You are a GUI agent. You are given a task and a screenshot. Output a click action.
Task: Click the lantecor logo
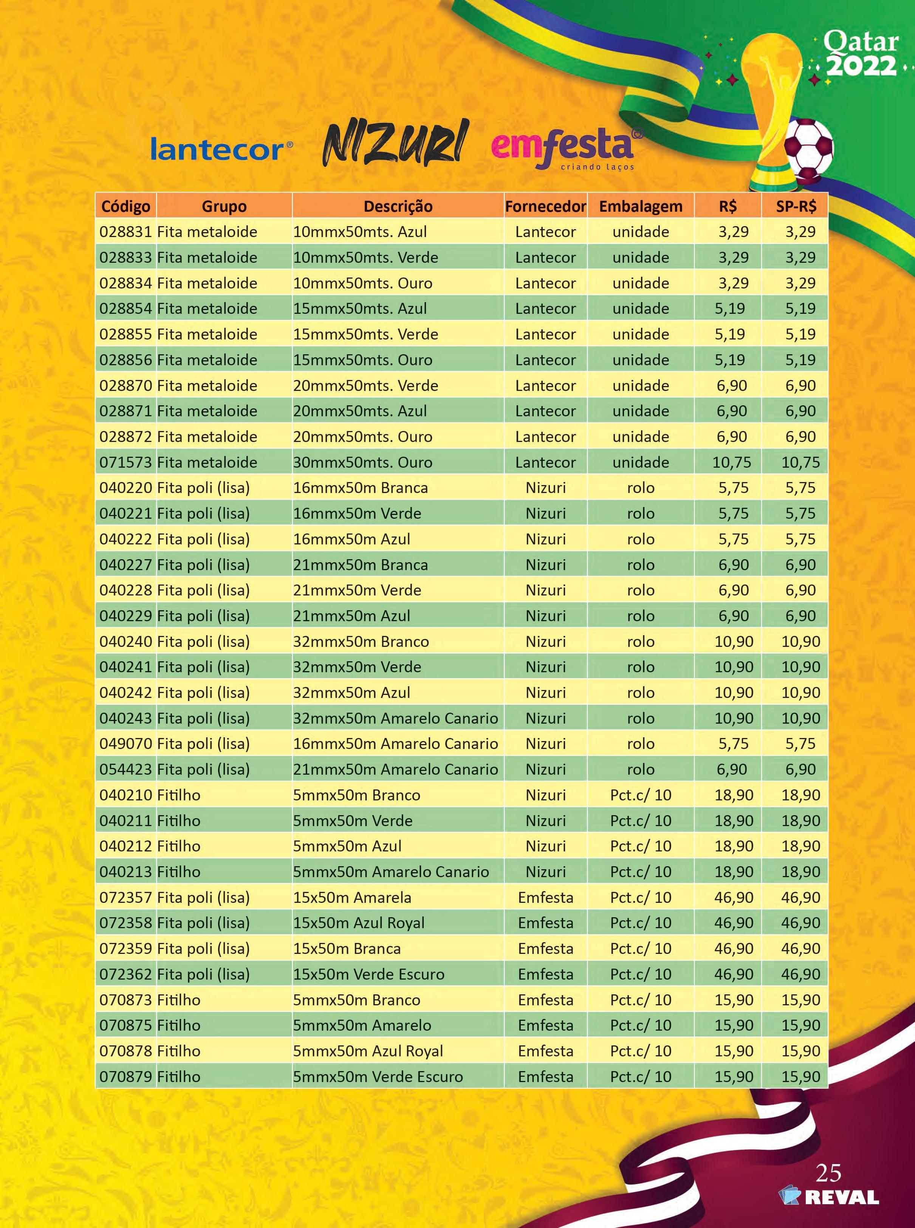[x=220, y=150]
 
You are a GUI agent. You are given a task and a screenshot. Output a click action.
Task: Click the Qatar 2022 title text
[x=860, y=54]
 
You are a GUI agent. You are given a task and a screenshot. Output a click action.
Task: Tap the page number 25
[x=828, y=1173]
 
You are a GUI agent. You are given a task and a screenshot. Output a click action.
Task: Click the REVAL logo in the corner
[x=829, y=1197]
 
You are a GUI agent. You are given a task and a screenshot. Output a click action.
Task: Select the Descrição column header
[x=398, y=206]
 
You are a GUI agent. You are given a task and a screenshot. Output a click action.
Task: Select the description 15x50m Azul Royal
[x=358, y=923]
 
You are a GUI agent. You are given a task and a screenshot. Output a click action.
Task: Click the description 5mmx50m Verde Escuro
[x=377, y=1077]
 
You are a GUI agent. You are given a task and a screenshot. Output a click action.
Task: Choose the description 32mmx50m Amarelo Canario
[x=395, y=718]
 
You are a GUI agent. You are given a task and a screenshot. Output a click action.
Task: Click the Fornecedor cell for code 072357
[x=546, y=897]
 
